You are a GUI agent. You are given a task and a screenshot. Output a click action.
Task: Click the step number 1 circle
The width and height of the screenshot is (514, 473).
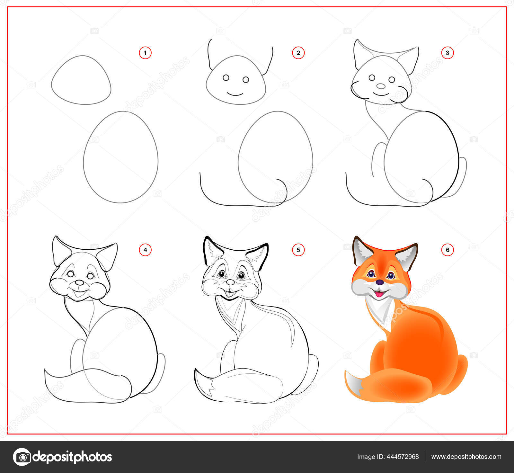pos(145,53)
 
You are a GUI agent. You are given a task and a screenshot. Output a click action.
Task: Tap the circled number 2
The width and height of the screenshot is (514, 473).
pos(298,53)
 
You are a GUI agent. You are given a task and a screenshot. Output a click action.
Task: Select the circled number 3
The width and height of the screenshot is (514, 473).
pos(448,53)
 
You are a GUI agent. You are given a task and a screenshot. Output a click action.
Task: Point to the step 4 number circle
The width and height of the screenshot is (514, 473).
pos(145,250)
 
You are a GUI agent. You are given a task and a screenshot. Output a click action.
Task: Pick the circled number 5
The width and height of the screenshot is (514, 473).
pos(298,250)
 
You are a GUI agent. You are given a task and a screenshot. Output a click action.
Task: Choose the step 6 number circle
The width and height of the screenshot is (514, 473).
pos(448,250)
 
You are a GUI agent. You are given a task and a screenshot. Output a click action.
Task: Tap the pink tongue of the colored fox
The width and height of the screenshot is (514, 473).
pos(380,294)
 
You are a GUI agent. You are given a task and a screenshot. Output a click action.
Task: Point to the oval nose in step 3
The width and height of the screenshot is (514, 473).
pos(381,86)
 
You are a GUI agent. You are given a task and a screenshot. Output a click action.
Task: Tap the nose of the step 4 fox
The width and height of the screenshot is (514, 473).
pos(79,282)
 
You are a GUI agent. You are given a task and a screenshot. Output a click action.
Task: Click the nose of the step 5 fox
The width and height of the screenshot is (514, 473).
pos(230,282)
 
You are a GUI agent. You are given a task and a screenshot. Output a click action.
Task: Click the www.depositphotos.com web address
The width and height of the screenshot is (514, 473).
pos(466,457)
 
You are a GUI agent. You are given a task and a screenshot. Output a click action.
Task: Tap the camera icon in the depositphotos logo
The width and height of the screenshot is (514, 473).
pos(22,457)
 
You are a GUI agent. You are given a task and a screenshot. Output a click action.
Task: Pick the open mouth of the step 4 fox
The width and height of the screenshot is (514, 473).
pos(78,293)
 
